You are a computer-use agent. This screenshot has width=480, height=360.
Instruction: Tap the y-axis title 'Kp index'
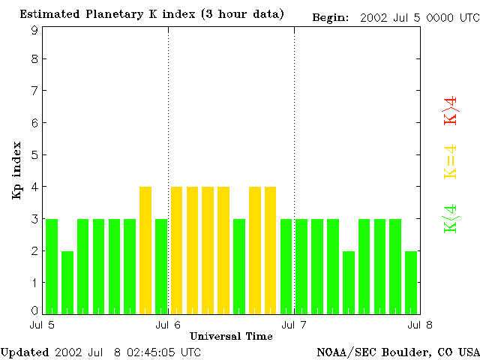point(16,171)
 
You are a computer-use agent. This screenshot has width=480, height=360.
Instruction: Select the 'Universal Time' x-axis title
point(230,335)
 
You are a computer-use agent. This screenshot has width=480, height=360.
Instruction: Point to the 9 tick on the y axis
point(34,31)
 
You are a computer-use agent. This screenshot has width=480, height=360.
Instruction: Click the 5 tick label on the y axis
point(34,155)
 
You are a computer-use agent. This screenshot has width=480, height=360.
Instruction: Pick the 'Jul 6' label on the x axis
point(168,325)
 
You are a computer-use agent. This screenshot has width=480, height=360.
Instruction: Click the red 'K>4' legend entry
point(450,110)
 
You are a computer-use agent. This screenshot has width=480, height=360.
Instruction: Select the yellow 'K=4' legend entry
point(450,161)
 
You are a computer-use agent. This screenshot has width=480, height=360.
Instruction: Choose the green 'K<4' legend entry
point(450,218)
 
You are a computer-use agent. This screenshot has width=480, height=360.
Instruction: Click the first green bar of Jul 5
point(52,266)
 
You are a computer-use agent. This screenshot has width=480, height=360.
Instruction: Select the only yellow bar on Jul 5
point(145,250)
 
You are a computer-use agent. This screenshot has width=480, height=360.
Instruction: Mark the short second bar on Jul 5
point(67,282)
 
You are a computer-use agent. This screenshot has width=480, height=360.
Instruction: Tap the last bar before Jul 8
point(411,282)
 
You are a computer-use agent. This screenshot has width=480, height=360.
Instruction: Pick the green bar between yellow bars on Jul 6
point(239,266)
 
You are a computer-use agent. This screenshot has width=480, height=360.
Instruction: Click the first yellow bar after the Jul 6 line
point(177,250)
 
